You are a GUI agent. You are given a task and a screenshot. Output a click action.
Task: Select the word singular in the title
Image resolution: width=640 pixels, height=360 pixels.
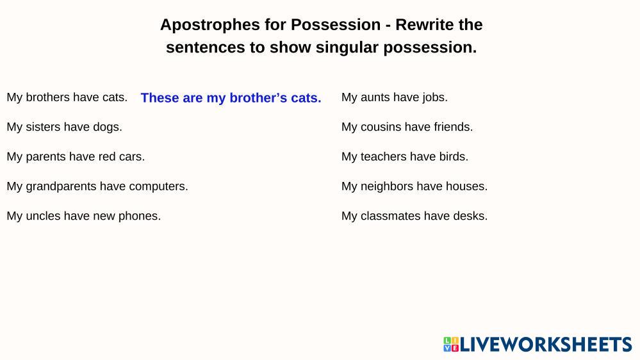tap(347, 48)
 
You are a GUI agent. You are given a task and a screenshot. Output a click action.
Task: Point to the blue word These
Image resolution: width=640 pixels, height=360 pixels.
tap(160, 98)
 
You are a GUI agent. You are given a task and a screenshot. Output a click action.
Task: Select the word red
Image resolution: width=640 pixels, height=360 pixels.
tap(107, 157)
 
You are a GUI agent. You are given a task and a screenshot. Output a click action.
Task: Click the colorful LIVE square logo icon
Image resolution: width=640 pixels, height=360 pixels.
tap(451, 344)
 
